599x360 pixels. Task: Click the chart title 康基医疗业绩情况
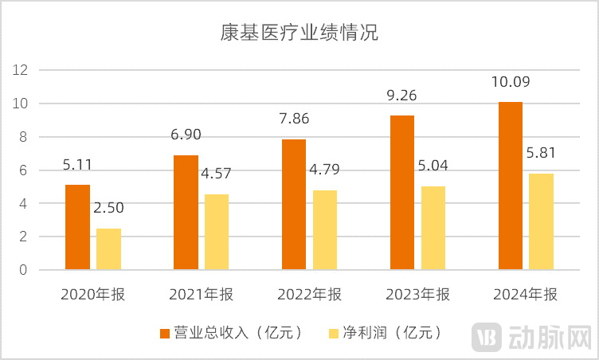coord(299,34)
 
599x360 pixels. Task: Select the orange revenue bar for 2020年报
coord(77,227)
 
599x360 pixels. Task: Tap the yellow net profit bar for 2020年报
coord(109,248)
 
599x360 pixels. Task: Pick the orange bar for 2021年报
coord(186,213)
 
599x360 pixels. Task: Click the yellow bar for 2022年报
coord(325,230)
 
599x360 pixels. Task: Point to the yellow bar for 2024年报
coord(542,221)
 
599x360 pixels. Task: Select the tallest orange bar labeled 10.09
coord(511,186)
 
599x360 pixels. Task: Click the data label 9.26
coord(401,96)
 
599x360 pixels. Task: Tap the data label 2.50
coord(108,209)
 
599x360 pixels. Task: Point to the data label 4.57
coord(217,174)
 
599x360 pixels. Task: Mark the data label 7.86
coord(293,119)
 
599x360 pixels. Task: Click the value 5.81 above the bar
coord(542,154)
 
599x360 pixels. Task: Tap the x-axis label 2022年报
coord(309,295)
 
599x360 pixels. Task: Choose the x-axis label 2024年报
coord(526,295)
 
